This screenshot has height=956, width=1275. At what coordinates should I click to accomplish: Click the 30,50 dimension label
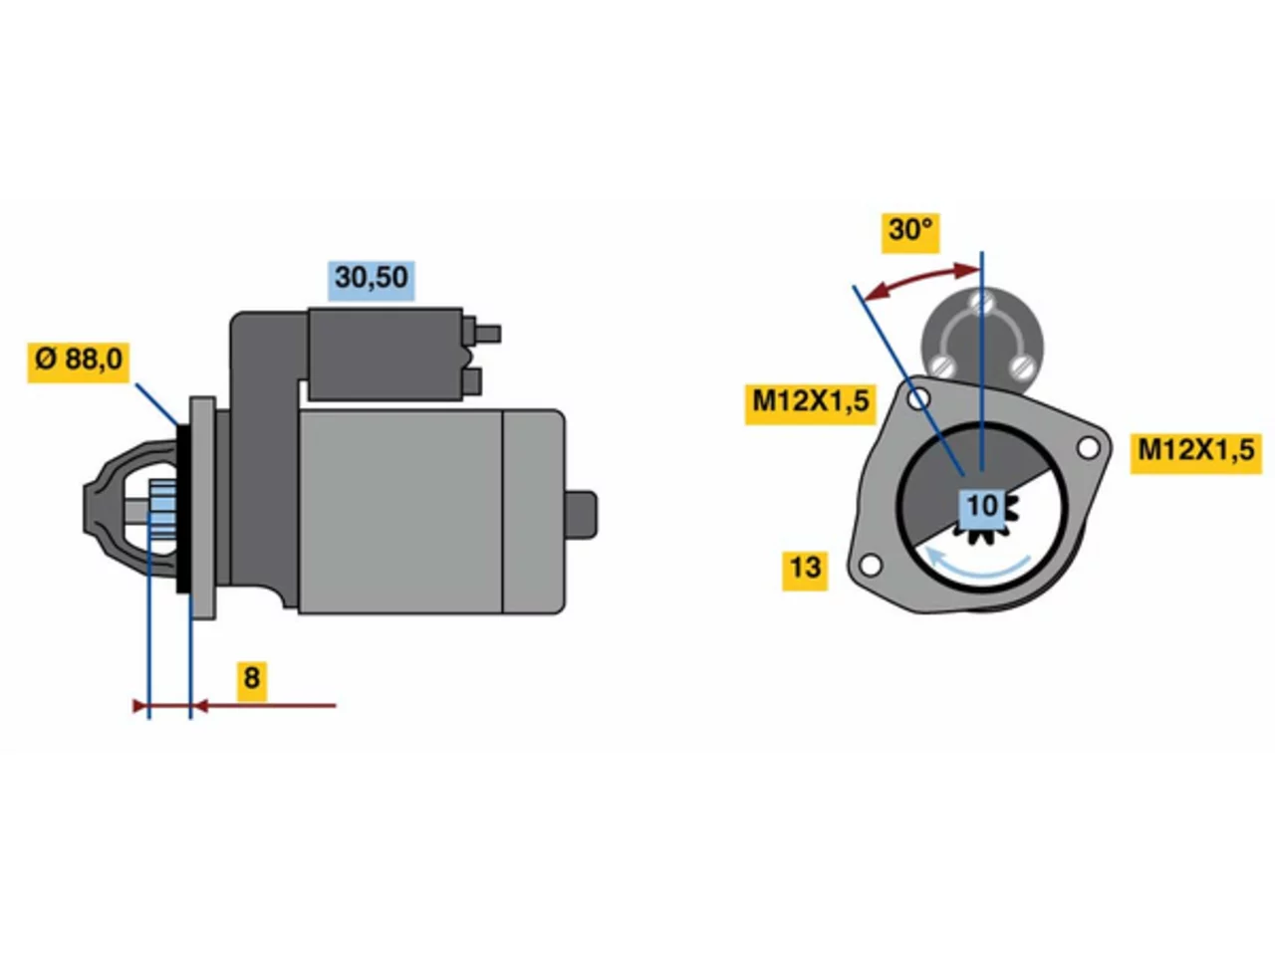pos(372,281)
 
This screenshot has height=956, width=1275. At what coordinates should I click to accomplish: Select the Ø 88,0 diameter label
pos(79,362)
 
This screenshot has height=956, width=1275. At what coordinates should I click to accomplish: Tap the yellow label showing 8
pos(252,681)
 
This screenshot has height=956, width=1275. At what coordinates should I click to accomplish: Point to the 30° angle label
pos(910,233)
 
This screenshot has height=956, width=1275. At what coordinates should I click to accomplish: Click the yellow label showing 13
pos(805,572)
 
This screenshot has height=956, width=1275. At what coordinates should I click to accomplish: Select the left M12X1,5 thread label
pos(810,404)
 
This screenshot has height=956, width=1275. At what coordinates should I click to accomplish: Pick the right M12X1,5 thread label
pos(1196,454)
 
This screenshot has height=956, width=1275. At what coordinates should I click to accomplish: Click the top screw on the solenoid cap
pos(983,303)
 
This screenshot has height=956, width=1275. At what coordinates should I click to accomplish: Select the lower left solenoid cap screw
pos(942,366)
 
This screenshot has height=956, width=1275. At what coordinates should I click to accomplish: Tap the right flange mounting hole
pos(1088,448)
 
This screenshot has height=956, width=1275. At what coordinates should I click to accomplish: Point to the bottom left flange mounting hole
pos(871,565)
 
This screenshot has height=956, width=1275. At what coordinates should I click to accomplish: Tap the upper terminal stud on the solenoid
pos(488,335)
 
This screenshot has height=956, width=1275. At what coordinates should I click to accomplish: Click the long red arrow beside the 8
pos(264,706)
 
